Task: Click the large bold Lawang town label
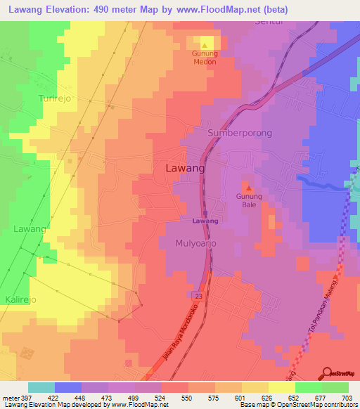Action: [185, 169]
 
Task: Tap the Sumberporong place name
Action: [239, 133]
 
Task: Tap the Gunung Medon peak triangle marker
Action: [205, 45]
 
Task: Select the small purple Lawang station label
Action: [205, 221]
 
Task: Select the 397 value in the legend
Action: [20, 397]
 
